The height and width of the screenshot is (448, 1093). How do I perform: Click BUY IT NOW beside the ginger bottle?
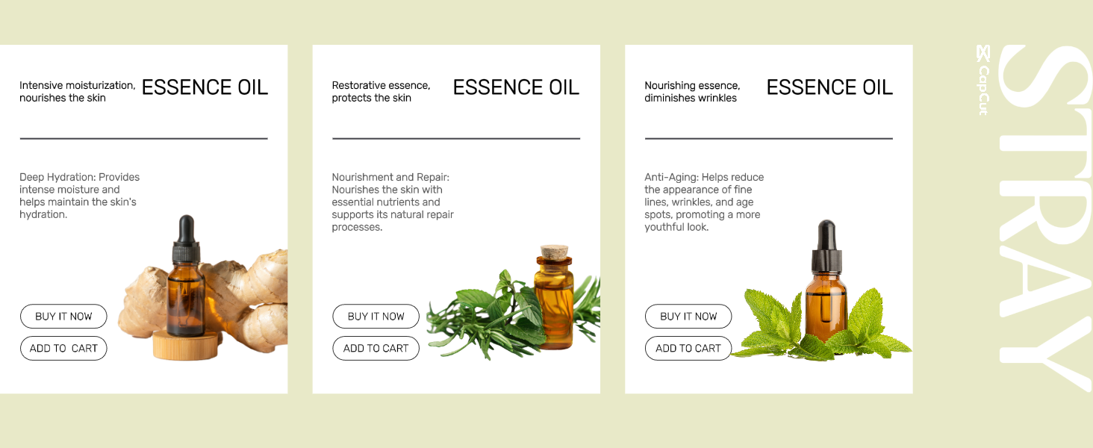(x=63, y=317)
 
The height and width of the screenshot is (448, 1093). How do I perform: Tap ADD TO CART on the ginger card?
(x=63, y=349)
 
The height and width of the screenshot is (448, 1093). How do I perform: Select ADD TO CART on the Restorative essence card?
(x=376, y=349)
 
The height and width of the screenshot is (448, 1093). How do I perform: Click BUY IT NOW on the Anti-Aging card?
(x=688, y=317)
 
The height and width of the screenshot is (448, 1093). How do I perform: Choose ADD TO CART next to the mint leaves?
(x=688, y=349)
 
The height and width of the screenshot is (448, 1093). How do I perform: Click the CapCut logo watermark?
(x=983, y=80)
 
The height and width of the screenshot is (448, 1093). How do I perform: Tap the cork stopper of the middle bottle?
(x=554, y=252)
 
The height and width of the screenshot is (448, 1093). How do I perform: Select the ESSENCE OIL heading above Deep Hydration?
(x=205, y=88)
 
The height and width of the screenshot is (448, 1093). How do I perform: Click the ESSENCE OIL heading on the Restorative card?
(x=516, y=88)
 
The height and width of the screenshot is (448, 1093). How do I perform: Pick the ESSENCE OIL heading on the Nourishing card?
(x=829, y=88)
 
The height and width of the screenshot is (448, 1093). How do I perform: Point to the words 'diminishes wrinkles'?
(x=691, y=98)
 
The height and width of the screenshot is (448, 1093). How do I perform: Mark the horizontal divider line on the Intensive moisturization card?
(x=144, y=139)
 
